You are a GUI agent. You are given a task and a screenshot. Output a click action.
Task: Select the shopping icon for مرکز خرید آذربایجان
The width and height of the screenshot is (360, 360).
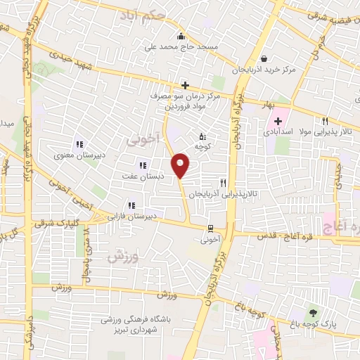tap(263, 59)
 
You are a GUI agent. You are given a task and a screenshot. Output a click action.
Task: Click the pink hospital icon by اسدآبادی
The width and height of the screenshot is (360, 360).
tap(278, 121)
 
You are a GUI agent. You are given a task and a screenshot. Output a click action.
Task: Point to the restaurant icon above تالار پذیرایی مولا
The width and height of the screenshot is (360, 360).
tap(325, 121)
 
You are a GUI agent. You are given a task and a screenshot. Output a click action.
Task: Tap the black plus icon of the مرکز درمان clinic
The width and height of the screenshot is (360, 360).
tap(184, 85)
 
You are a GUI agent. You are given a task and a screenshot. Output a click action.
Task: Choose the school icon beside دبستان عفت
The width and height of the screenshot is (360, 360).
tap(143, 166)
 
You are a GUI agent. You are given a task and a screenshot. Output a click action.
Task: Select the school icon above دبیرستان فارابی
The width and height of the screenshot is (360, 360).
tap(130, 205)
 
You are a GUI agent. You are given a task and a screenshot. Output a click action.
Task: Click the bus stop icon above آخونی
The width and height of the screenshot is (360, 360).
tap(210, 228)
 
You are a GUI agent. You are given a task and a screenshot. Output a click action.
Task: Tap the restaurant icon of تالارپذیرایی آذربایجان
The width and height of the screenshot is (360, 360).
tap(222, 183)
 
